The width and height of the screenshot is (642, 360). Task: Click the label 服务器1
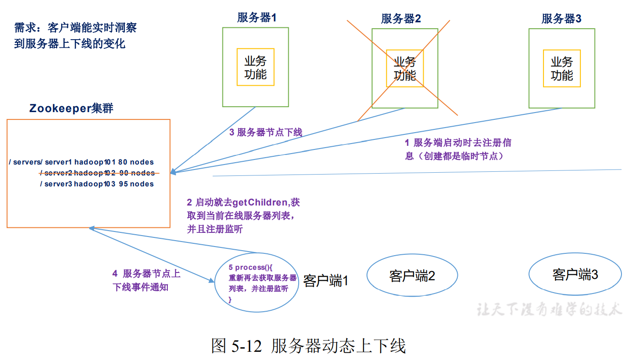(257, 18)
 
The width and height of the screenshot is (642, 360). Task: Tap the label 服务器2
(401, 19)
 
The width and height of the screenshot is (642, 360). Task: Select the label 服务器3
(561, 19)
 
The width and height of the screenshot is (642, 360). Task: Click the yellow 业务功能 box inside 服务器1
(255, 67)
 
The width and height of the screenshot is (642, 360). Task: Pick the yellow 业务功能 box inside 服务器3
(562, 68)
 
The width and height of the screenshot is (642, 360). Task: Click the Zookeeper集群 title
(71, 108)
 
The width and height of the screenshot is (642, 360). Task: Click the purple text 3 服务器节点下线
(266, 133)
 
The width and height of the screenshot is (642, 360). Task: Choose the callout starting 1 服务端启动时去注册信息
(458, 149)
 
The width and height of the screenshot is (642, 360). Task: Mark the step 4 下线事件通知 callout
(146, 280)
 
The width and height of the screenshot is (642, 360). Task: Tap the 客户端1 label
(326, 281)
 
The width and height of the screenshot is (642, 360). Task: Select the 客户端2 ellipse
(412, 276)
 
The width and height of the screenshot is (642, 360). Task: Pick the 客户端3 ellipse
(575, 275)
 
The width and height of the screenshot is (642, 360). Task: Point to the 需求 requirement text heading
(75, 36)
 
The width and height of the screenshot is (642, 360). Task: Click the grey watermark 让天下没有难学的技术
(549, 310)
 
